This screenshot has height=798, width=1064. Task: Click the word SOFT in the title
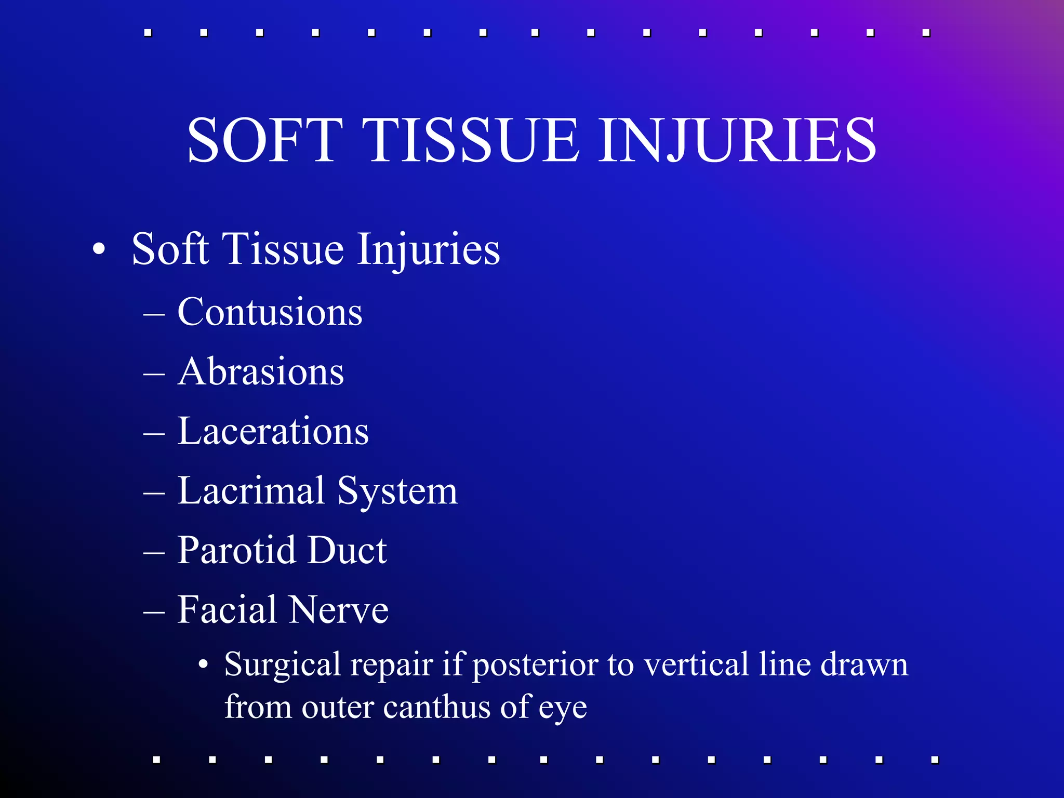click(x=265, y=140)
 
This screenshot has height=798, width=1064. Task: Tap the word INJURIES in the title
click(x=738, y=140)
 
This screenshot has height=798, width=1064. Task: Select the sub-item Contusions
click(x=270, y=312)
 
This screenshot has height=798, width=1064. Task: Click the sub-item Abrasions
click(x=260, y=372)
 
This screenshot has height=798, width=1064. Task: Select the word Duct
click(x=347, y=550)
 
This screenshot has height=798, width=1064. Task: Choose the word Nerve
click(x=339, y=610)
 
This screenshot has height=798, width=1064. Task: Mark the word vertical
click(x=697, y=664)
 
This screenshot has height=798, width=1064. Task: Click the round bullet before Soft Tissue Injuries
click(x=99, y=249)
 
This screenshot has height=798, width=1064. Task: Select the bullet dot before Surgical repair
click(x=204, y=664)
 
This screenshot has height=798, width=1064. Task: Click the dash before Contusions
click(x=154, y=314)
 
